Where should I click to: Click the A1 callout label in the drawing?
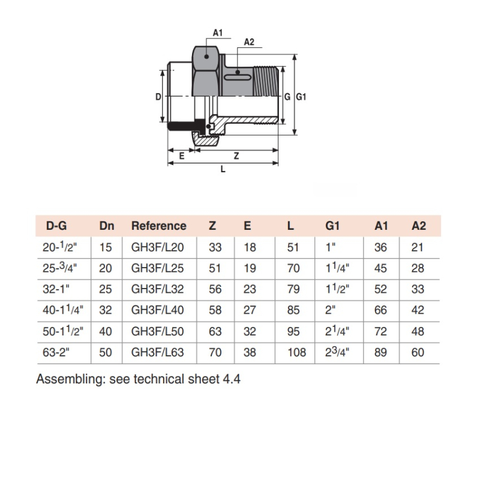pyautogui.click(x=218, y=32)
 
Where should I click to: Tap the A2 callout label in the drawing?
pyautogui.click(x=249, y=42)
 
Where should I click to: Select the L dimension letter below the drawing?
pyautogui.click(x=223, y=170)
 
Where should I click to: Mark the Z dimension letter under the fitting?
pyautogui.click(x=236, y=155)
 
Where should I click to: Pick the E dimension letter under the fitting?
pyautogui.click(x=181, y=155)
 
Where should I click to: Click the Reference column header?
pyautogui.click(x=158, y=226)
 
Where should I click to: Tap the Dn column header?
pyautogui.click(x=107, y=226)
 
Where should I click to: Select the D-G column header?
pyautogui.click(x=56, y=226)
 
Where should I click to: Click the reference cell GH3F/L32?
pyautogui.click(x=156, y=289)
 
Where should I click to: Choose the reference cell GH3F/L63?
pyautogui.click(x=156, y=352)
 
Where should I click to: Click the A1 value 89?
pyautogui.click(x=380, y=352)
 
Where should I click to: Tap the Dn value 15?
pyautogui.click(x=106, y=247)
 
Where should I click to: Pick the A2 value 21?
pyautogui.click(x=418, y=247)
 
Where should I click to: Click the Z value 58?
pyautogui.click(x=215, y=310)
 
